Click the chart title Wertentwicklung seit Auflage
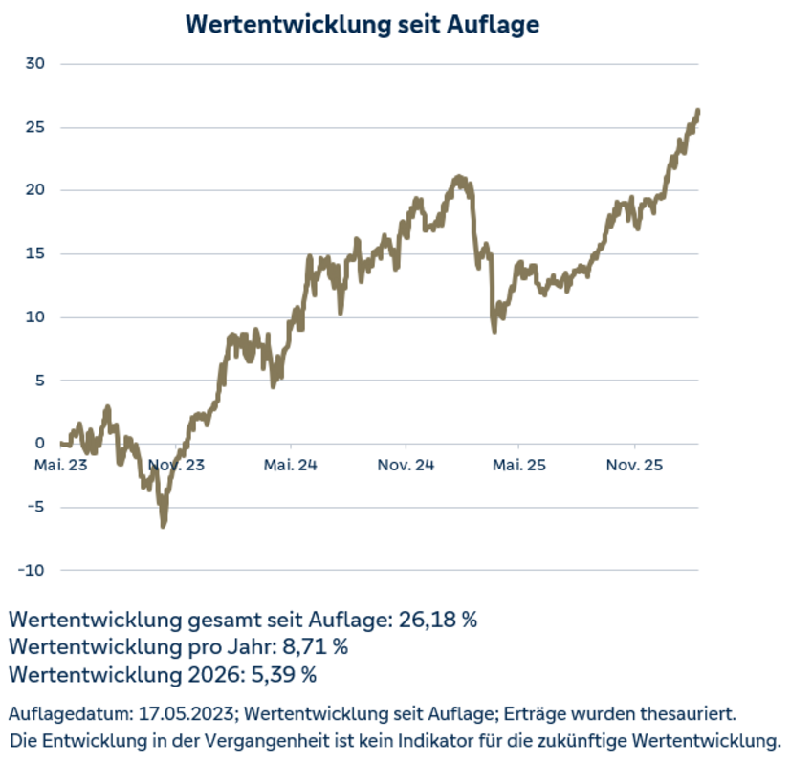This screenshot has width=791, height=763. pyautogui.click(x=363, y=24)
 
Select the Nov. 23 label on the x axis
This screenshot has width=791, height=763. pyautogui.click(x=175, y=466)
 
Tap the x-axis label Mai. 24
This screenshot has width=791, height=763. pyautogui.click(x=290, y=466)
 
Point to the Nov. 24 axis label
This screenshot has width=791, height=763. pyautogui.click(x=406, y=466)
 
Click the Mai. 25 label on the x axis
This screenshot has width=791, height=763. pyautogui.click(x=518, y=466)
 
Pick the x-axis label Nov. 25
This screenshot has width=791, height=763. pyautogui.click(x=634, y=466)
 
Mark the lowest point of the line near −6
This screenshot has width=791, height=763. pyautogui.click(x=164, y=524)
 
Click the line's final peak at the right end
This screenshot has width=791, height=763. pyautogui.click(x=697, y=112)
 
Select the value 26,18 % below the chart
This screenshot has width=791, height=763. pyautogui.click(x=435, y=619)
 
